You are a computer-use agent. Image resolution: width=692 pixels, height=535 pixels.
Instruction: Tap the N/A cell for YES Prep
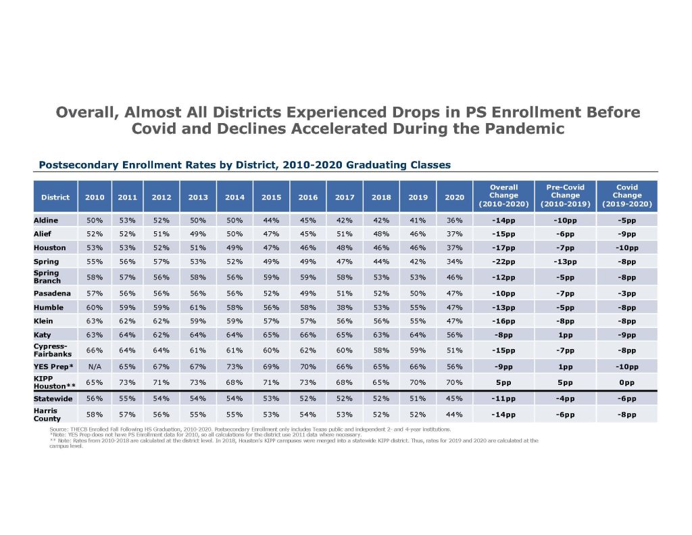coord(95,367)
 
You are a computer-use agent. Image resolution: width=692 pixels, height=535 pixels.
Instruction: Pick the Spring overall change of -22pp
coord(503,261)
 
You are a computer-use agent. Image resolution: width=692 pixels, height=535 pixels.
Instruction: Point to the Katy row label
coord(43,334)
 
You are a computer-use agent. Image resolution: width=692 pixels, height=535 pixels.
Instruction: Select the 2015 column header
coord(271,197)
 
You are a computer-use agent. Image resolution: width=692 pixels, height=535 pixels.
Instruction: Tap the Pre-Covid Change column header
coord(564,195)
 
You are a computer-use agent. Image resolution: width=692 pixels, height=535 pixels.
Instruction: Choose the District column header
coord(55,197)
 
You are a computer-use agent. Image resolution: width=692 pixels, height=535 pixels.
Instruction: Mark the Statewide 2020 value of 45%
coord(454,399)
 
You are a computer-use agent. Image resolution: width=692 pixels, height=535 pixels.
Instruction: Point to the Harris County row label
coord(46,414)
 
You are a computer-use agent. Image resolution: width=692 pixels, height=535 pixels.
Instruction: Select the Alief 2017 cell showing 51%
coord(345,234)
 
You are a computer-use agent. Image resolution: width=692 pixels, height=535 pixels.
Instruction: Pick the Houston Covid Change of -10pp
coord(626,248)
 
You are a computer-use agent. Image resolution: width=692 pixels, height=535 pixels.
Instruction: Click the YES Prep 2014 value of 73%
coord(234,367)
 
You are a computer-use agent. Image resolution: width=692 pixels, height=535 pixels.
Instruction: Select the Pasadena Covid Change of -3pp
coord(626,294)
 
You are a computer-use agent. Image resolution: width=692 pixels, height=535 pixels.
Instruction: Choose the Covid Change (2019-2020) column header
coord(626,195)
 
